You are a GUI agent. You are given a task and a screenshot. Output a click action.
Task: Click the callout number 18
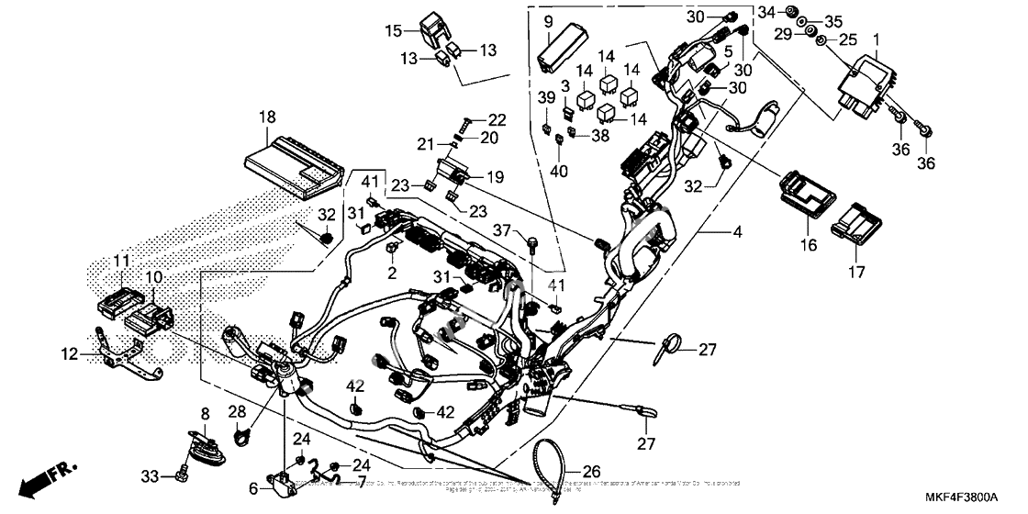[x=267, y=117]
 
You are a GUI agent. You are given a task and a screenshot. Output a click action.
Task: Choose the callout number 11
[x=121, y=262]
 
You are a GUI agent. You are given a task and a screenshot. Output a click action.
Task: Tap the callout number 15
[x=393, y=31]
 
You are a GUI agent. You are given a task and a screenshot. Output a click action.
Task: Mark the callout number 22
[x=497, y=120]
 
